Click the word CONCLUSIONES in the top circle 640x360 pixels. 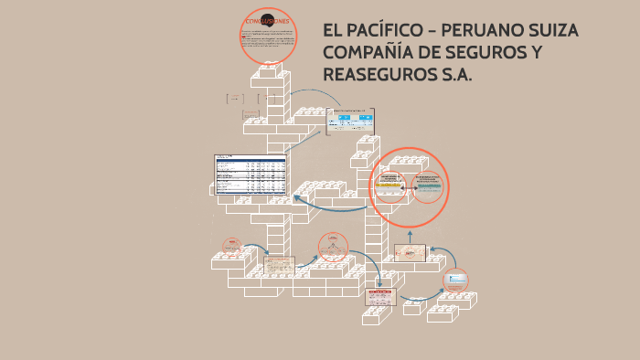(269, 19)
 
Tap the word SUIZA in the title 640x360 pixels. (551, 31)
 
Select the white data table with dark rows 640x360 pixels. (251, 174)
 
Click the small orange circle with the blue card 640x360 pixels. (456, 281)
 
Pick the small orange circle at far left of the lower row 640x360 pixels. (233, 248)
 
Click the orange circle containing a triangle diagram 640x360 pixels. (333, 247)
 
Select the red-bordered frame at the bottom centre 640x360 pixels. (379, 297)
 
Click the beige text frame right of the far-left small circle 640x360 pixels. (280, 265)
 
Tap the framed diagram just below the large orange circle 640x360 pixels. (410, 254)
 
